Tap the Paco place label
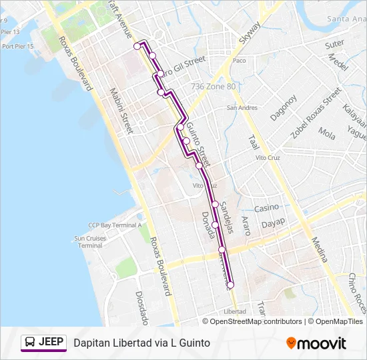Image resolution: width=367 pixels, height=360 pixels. (240, 61)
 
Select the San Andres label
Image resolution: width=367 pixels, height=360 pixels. (242, 107)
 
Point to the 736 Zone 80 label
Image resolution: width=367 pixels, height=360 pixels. (213, 87)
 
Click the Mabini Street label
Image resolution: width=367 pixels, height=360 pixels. (122, 111)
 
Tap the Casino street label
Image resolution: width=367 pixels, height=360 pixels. (266, 208)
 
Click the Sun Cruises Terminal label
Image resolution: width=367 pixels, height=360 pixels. (91, 241)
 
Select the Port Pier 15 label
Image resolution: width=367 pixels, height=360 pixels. (18, 46)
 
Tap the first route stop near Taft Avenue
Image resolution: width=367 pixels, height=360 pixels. (137, 46)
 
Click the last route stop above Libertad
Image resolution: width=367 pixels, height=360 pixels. (231, 285)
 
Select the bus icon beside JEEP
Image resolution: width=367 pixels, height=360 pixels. (30, 343)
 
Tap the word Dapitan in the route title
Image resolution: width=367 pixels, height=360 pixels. (91, 343)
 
